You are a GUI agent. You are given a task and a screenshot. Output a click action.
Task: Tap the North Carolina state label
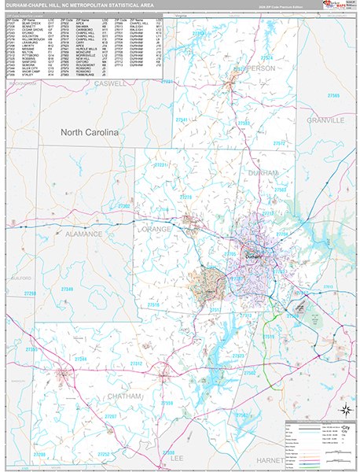click(83, 132)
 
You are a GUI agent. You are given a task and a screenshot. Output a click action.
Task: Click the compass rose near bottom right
click(344, 410)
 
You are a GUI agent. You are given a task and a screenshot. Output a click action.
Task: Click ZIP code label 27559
click(167, 403)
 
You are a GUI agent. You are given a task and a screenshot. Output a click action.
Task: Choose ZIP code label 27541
click(182, 120)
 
